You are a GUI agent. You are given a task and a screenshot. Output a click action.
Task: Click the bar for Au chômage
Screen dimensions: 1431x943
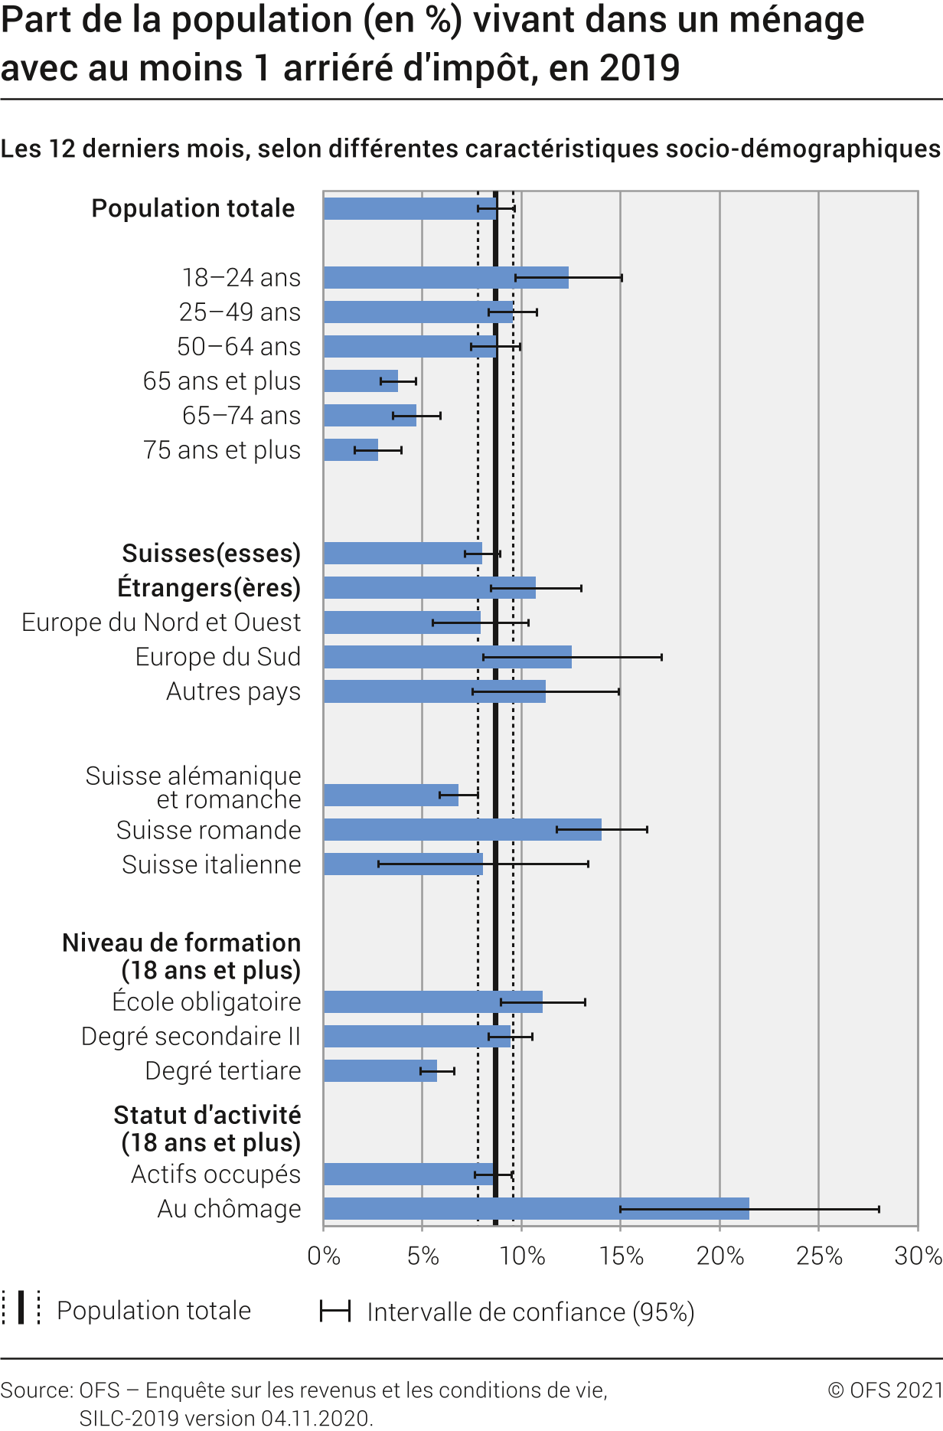tap(536, 1208)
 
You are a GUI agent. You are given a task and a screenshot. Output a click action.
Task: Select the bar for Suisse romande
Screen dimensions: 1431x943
tap(462, 829)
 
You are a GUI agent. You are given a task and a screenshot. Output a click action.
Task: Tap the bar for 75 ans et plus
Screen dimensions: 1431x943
tap(351, 449)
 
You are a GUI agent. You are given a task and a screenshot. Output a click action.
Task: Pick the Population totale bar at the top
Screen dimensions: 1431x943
tap(410, 208)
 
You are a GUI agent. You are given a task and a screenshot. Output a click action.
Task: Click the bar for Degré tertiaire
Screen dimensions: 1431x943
tap(380, 1070)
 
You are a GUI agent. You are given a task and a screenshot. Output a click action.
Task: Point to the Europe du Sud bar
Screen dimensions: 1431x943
tap(447, 657)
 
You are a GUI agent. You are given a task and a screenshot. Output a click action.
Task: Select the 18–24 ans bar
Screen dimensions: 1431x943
tap(445, 277)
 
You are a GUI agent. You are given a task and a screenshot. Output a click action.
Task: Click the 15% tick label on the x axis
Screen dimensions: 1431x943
tap(621, 1256)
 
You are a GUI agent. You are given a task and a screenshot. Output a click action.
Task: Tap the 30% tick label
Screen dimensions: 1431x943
tap(918, 1256)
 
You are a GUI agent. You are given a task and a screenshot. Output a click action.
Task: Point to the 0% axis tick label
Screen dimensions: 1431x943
tap(324, 1256)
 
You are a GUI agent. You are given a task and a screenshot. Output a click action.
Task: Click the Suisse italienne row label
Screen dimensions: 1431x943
tap(211, 864)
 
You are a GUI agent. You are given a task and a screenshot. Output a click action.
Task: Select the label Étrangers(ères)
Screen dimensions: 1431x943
tap(209, 588)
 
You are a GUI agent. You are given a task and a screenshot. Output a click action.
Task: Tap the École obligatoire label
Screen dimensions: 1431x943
tap(207, 1001)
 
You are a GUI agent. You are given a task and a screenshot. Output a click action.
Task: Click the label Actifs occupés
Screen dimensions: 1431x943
tap(216, 1174)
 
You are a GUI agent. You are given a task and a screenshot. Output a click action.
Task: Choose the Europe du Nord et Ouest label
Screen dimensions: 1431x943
tap(162, 622)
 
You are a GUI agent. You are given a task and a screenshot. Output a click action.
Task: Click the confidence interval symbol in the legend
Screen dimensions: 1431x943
tap(335, 1311)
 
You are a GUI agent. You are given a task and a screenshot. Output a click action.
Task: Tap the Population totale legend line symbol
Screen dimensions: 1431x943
tap(21, 1308)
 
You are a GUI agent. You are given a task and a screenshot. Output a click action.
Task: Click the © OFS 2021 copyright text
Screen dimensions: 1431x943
tap(885, 1390)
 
